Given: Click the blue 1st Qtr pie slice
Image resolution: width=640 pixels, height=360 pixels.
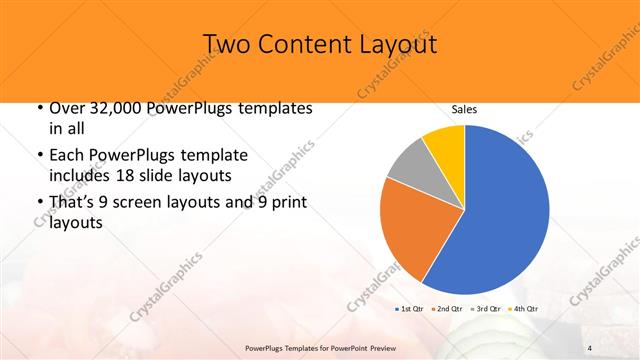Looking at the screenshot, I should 500,215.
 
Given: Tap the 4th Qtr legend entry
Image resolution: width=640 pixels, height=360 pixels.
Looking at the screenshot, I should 526,308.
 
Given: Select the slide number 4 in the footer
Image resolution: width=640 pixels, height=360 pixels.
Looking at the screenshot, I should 589,347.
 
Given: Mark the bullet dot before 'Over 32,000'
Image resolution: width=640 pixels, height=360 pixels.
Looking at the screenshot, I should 38,108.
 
